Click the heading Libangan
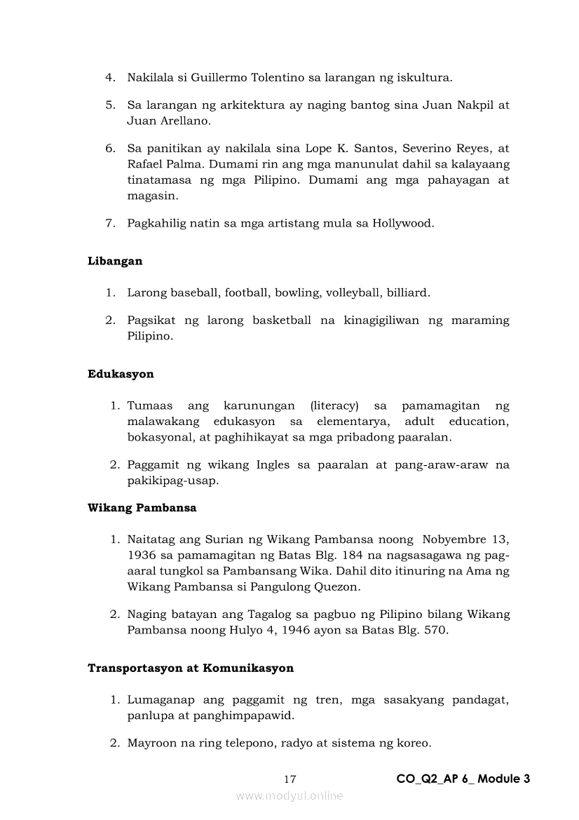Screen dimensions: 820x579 coord(115,261)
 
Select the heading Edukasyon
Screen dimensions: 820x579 coord(121,374)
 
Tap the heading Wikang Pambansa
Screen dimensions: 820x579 coord(142,508)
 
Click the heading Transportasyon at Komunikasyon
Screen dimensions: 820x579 coord(191,668)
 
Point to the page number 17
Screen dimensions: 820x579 coord(290,779)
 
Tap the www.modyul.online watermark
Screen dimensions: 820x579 coord(289,795)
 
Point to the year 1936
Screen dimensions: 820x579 coord(142,556)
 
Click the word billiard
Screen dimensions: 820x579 coord(405,293)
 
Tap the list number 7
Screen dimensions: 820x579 coord(109,224)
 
